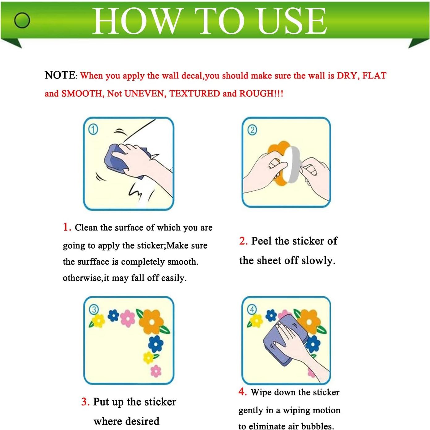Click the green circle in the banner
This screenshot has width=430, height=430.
pos(22,20)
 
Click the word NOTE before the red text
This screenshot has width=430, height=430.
pos(60,75)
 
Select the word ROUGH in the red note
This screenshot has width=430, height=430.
pos(257,93)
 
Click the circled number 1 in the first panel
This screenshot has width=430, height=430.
pos(93,130)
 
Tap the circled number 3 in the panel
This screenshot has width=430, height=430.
pos(94,310)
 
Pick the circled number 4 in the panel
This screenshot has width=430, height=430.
pos(252,310)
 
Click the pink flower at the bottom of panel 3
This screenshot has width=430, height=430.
pos(156,371)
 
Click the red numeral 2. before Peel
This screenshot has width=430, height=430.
pos(243,241)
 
